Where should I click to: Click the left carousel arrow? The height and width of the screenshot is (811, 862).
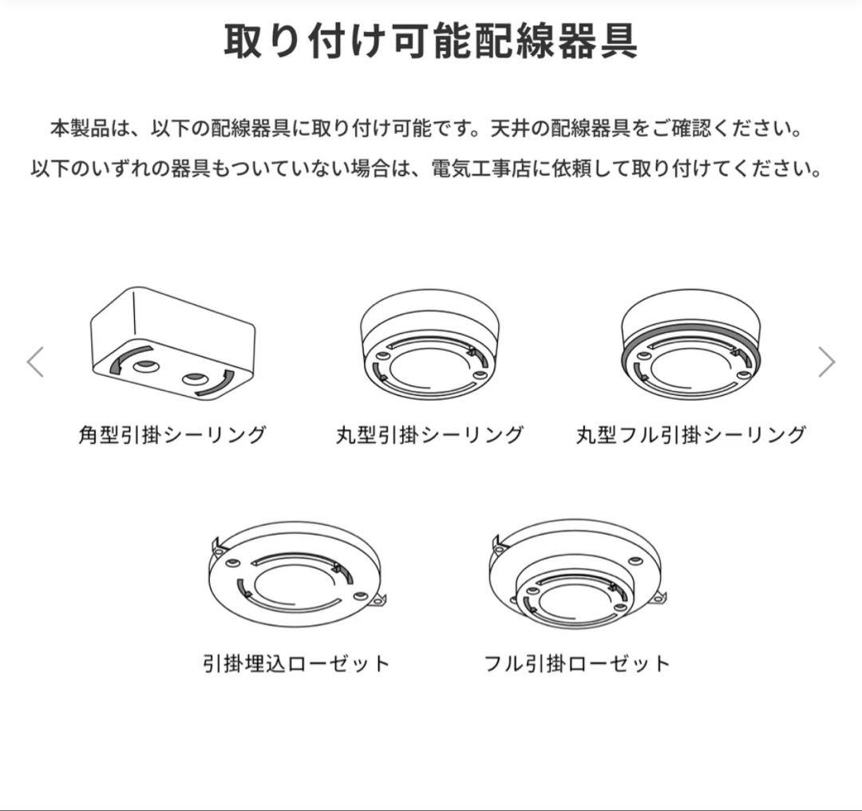click(35, 362)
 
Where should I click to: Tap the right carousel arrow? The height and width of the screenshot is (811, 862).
click(826, 362)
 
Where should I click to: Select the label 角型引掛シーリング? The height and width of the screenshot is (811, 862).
click(172, 435)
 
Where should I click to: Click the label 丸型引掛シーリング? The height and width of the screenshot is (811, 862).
click(430, 435)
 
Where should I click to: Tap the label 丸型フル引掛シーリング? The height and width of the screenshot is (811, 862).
click(690, 435)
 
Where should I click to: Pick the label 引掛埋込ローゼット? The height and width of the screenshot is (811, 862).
click(296, 663)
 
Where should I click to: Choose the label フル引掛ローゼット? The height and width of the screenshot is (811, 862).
click(577, 663)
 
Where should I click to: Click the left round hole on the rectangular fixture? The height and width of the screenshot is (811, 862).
click(145, 366)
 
